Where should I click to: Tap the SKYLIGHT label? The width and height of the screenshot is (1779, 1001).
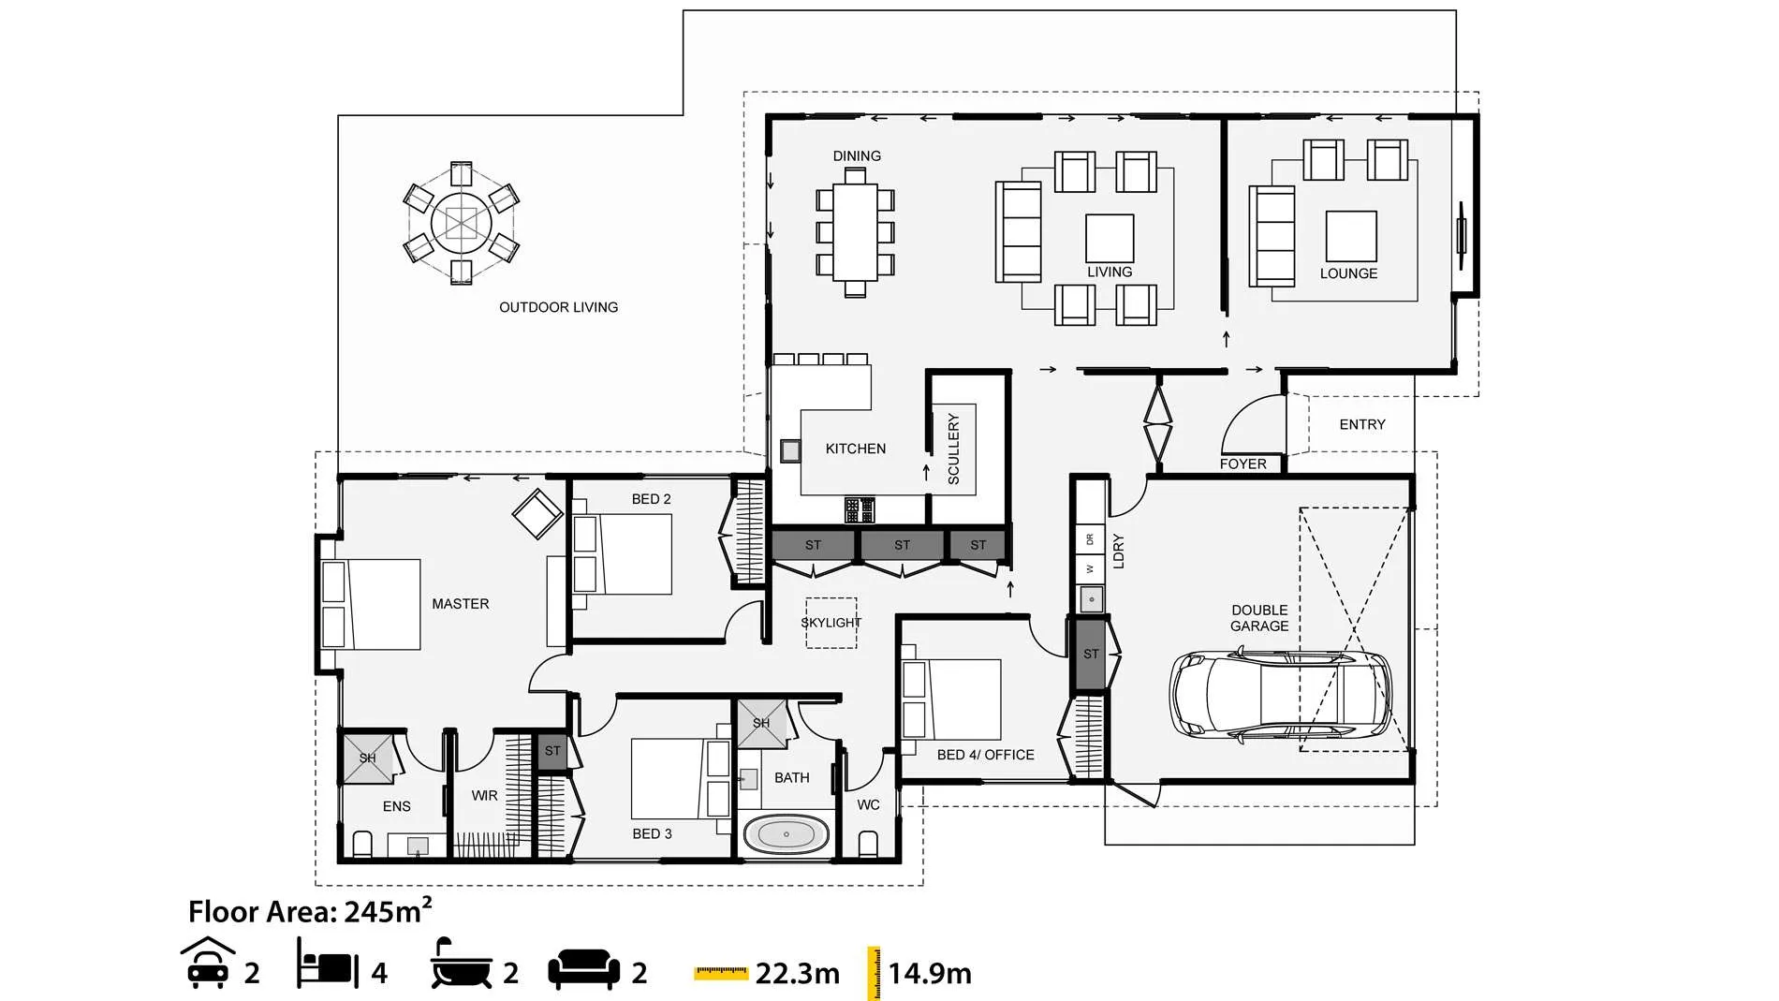click(831, 623)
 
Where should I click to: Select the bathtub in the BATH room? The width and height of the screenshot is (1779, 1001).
click(786, 834)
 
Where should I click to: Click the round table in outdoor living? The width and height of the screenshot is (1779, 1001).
click(461, 224)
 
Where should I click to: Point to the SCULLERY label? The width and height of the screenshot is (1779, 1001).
click(954, 449)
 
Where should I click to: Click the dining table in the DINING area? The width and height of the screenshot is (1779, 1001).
click(855, 232)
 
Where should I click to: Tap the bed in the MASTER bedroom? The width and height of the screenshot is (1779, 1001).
click(371, 604)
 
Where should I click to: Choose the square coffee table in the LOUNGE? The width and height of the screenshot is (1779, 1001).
click(1350, 236)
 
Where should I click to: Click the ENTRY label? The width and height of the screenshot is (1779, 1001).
click(1361, 425)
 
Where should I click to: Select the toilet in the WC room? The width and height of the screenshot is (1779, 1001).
click(868, 845)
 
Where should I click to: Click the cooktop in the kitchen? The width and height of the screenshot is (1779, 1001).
click(860, 510)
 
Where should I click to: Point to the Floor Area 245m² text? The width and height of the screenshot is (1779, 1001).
click(310, 910)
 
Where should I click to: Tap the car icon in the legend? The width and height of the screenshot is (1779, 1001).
click(207, 963)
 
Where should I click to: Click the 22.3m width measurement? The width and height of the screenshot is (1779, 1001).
click(797, 974)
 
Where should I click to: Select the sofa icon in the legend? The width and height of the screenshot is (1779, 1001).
click(583, 969)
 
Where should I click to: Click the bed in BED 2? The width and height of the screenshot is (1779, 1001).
click(622, 554)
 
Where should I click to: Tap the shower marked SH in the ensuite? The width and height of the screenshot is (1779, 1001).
click(367, 758)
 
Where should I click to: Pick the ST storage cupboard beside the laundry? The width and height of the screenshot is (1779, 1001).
click(1091, 654)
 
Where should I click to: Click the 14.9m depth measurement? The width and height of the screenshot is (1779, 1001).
click(930, 974)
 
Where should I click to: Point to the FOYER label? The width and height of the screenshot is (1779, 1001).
click(1242, 464)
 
